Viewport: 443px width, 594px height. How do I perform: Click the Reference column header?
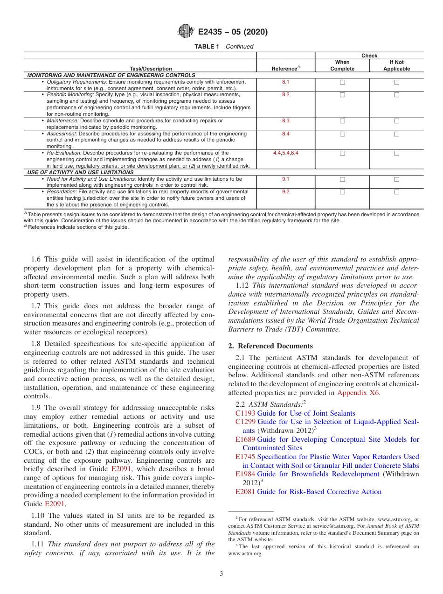pyautogui.click(x=285, y=69)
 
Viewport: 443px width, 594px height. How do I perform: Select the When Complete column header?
pyautogui.click(x=342, y=65)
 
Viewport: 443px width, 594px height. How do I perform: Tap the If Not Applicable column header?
pyautogui.click(x=396, y=65)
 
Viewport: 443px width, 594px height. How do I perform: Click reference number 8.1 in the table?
pyautogui.click(x=285, y=82)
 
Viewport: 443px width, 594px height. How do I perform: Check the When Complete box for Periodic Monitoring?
pyautogui.click(x=342, y=95)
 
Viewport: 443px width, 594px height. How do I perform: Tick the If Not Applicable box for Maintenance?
pyautogui.click(x=397, y=121)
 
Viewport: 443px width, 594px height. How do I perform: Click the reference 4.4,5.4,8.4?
pyautogui.click(x=285, y=153)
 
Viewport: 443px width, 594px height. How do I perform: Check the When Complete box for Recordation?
pyautogui.click(x=342, y=192)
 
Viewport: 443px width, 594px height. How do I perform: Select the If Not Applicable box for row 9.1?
pyautogui.click(x=397, y=179)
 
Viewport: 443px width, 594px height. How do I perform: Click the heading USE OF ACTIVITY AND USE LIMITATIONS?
pyautogui.click(x=81, y=172)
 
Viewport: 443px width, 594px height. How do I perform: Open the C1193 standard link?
pyautogui.click(x=245, y=413)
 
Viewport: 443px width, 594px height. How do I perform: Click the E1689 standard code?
pyautogui.click(x=245, y=439)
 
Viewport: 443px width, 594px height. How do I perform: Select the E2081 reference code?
pyautogui.click(x=245, y=492)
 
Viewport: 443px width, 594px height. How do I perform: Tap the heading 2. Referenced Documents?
pyautogui.click(x=270, y=346)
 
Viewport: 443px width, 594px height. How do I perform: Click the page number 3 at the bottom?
pyautogui.click(x=221, y=573)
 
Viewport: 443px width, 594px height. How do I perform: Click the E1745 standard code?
pyautogui.click(x=245, y=457)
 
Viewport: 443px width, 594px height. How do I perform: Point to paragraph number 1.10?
pyautogui.click(x=39, y=516)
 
